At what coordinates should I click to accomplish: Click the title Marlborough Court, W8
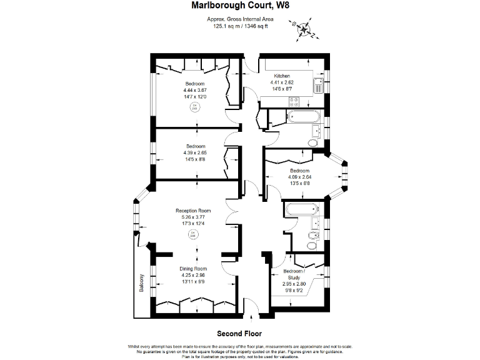click(240, 6)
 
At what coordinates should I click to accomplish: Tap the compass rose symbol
click(303, 27)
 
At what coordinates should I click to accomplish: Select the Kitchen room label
click(282, 76)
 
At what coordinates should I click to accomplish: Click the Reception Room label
click(193, 211)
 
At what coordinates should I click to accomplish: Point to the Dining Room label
click(193, 268)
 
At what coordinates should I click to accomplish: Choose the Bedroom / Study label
click(294, 274)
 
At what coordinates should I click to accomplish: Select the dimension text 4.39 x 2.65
click(195, 153)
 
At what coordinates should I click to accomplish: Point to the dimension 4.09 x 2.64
click(299, 177)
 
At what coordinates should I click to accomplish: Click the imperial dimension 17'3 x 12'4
click(193, 224)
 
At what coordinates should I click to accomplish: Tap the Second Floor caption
click(239, 334)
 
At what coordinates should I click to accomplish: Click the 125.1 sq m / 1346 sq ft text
click(240, 26)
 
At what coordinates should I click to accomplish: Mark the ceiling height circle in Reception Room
click(193, 236)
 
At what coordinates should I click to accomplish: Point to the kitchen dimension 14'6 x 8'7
click(282, 89)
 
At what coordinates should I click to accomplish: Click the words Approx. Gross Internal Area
click(240, 19)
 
